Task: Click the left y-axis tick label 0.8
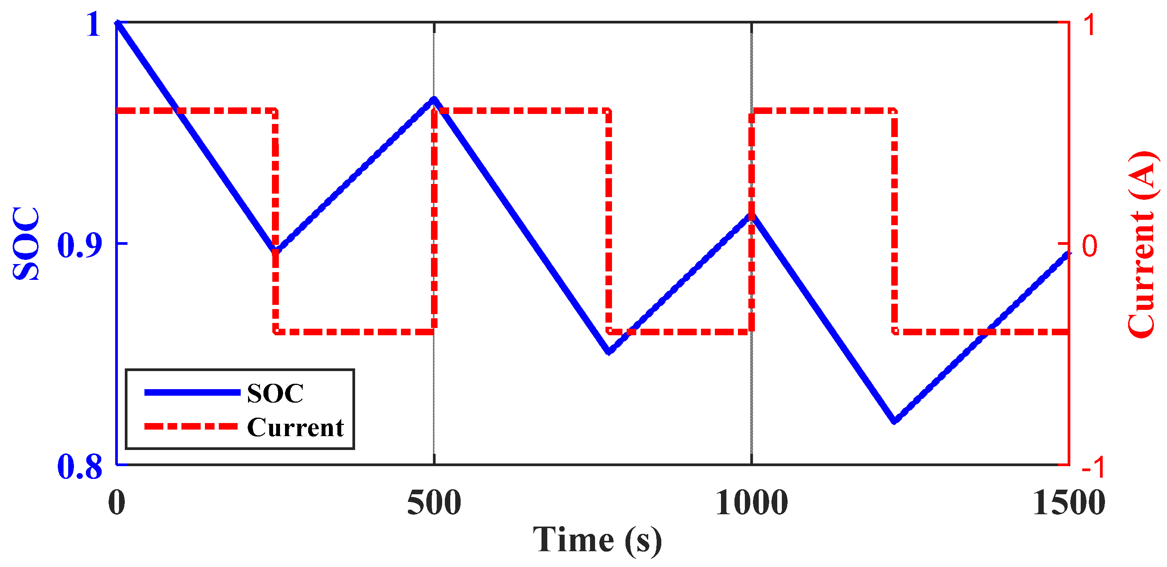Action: pos(79,467)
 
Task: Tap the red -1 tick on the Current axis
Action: pos(1093,467)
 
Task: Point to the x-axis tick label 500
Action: pos(434,503)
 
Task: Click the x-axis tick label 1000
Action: pos(751,503)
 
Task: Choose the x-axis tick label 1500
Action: pos(1069,503)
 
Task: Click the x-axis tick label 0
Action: pos(116,503)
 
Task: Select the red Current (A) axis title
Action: pos(1141,244)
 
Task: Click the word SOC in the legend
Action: pos(275,393)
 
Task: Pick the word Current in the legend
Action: pos(295,427)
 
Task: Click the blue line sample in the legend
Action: pos(192,393)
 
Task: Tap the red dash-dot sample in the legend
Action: pos(191,427)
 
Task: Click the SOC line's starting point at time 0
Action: pos(117,23)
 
